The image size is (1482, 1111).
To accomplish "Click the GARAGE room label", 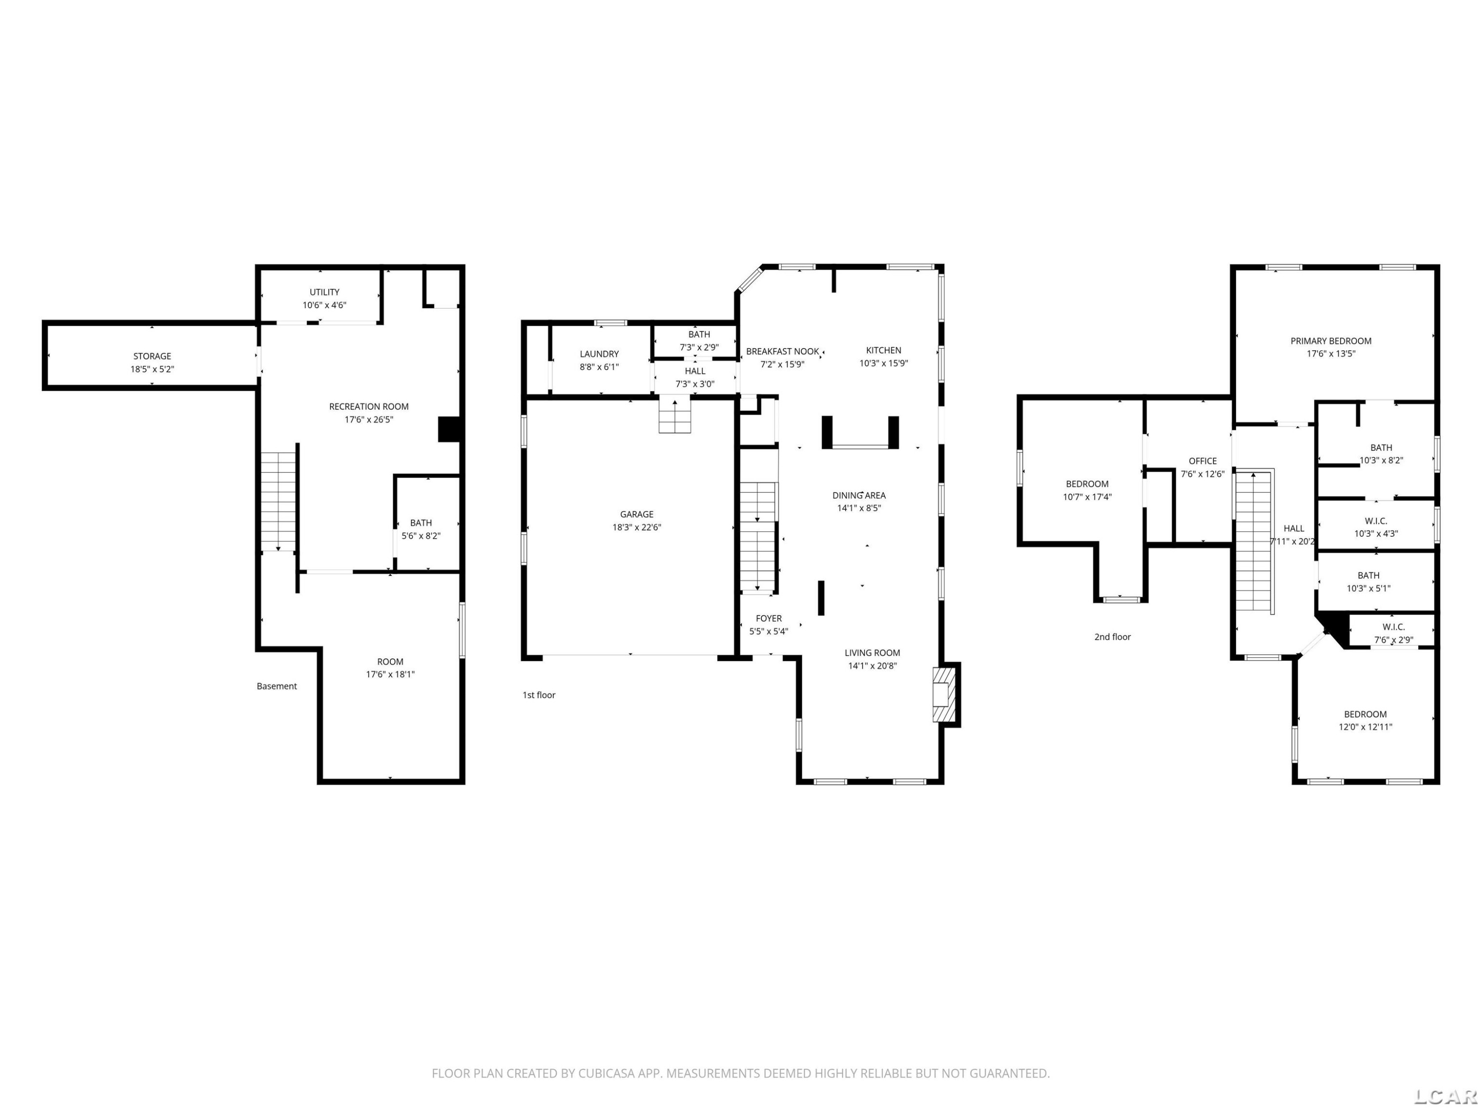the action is [636, 515].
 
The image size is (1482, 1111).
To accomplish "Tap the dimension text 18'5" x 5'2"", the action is [152, 369].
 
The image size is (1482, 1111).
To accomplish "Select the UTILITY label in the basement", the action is [324, 292].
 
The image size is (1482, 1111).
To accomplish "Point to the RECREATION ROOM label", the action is [369, 406].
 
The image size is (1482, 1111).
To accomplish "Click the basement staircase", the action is [278, 501].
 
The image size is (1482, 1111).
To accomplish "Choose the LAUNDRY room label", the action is [599, 354].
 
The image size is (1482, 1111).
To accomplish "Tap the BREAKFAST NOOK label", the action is [782, 352].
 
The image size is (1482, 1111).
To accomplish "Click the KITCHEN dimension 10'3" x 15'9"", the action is [884, 363].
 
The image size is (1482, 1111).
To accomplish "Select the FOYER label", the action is [769, 618].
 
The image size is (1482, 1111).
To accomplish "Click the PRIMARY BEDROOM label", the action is [1330, 341].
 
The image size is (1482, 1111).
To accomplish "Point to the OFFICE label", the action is [1202, 461].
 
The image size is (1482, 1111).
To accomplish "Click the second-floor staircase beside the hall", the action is [1254, 541].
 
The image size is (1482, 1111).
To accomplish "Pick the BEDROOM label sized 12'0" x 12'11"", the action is [1365, 714].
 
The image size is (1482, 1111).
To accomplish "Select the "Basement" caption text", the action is [277, 686].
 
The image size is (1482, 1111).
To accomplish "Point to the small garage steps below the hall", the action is [675, 415].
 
